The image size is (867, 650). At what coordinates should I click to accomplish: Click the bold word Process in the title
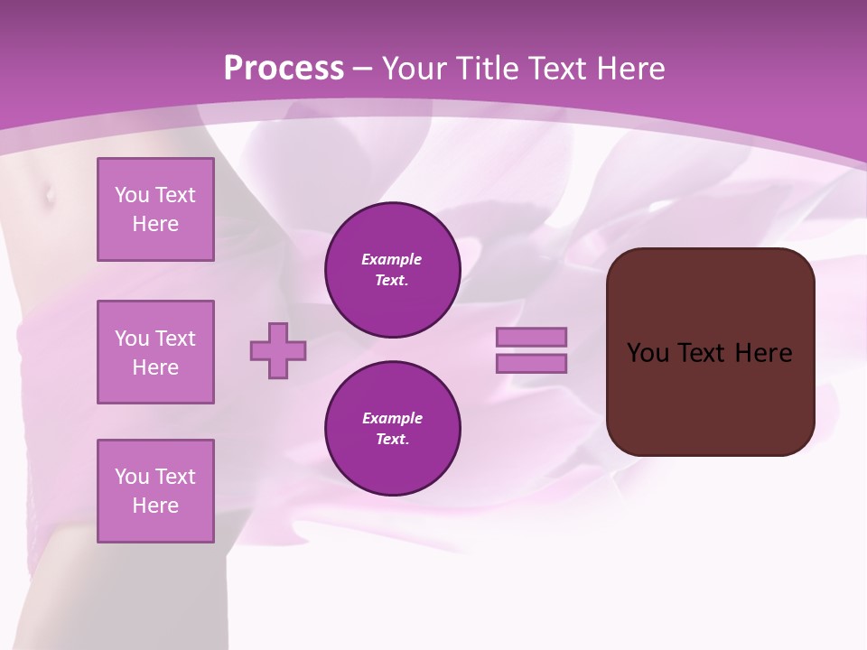(x=284, y=69)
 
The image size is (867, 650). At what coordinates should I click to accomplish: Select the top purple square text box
(x=155, y=209)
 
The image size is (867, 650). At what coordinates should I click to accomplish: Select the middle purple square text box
(x=155, y=352)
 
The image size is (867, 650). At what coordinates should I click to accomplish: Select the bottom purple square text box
(x=155, y=491)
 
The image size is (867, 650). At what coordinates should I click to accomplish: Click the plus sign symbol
(x=278, y=350)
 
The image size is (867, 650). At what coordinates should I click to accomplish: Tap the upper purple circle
(x=393, y=270)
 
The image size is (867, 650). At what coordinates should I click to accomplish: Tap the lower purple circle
(x=393, y=428)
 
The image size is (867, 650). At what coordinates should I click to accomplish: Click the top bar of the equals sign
(x=532, y=337)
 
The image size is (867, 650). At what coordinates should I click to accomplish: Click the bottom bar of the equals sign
(x=532, y=363)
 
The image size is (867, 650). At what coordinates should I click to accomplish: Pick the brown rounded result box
(x=710, y=397)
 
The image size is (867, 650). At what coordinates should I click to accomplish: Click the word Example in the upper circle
(x=392, y=259)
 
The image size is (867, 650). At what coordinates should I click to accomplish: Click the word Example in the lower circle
(x=392, y=418)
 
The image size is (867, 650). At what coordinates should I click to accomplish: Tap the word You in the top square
(x=132, y=195)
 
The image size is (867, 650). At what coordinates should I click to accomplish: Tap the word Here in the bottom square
(x=155, y=506)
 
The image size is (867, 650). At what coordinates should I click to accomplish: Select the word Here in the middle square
(x=155, y=367)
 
